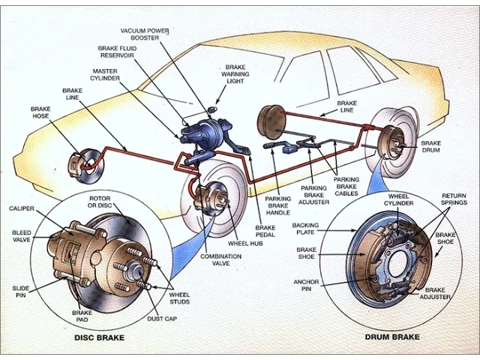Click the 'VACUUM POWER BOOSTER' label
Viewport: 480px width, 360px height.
[145, 34]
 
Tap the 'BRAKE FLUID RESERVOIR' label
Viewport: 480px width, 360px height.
[117, 52]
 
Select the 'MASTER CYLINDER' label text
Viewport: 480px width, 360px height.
[105, 75]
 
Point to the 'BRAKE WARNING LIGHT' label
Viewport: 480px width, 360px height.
[235, 74]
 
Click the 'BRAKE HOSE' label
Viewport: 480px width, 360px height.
[40, 112]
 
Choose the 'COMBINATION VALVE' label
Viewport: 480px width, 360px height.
[220, 259]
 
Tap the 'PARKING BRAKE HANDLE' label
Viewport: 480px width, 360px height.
[278, 205]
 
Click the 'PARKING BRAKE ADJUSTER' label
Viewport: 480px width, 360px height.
[313, 195]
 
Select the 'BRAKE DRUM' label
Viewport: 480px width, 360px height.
[431, 147]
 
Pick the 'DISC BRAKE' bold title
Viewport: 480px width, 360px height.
[100, 337]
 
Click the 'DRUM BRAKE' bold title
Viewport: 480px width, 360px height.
[392, 337]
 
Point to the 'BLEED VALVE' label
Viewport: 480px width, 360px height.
[22, 236]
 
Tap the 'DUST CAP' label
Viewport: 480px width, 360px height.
[162, 319]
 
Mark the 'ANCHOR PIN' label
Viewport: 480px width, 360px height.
[306, 285]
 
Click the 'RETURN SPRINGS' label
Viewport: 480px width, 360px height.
[454, 199]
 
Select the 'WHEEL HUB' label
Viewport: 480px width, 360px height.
[245, 244]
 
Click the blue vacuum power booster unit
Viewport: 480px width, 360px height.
[209, 134]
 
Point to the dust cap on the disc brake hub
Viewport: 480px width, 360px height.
[136, 271]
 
